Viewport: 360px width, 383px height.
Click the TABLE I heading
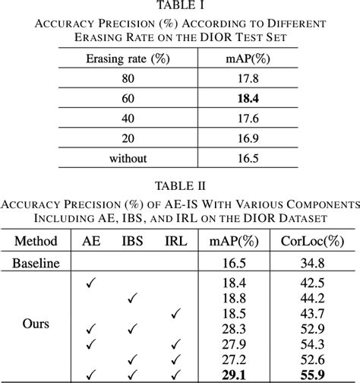180,6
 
